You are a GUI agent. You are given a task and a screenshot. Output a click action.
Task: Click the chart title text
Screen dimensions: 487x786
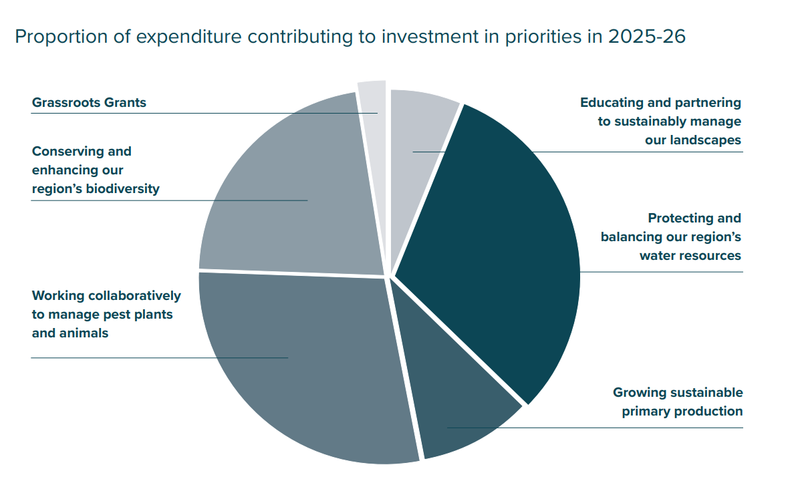(x=350, y=36)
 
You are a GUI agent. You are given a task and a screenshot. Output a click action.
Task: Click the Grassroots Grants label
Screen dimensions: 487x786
(x=89, y=103)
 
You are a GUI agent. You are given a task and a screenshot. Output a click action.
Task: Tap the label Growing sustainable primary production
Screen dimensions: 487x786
(x=678, y=401)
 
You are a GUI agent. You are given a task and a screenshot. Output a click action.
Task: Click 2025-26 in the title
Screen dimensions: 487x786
(x=646, y=36)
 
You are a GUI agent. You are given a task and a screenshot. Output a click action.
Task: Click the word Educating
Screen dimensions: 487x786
(x=611, y=103)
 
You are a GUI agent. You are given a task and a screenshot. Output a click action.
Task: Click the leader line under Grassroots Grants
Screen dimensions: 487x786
(x=201, y=113)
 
